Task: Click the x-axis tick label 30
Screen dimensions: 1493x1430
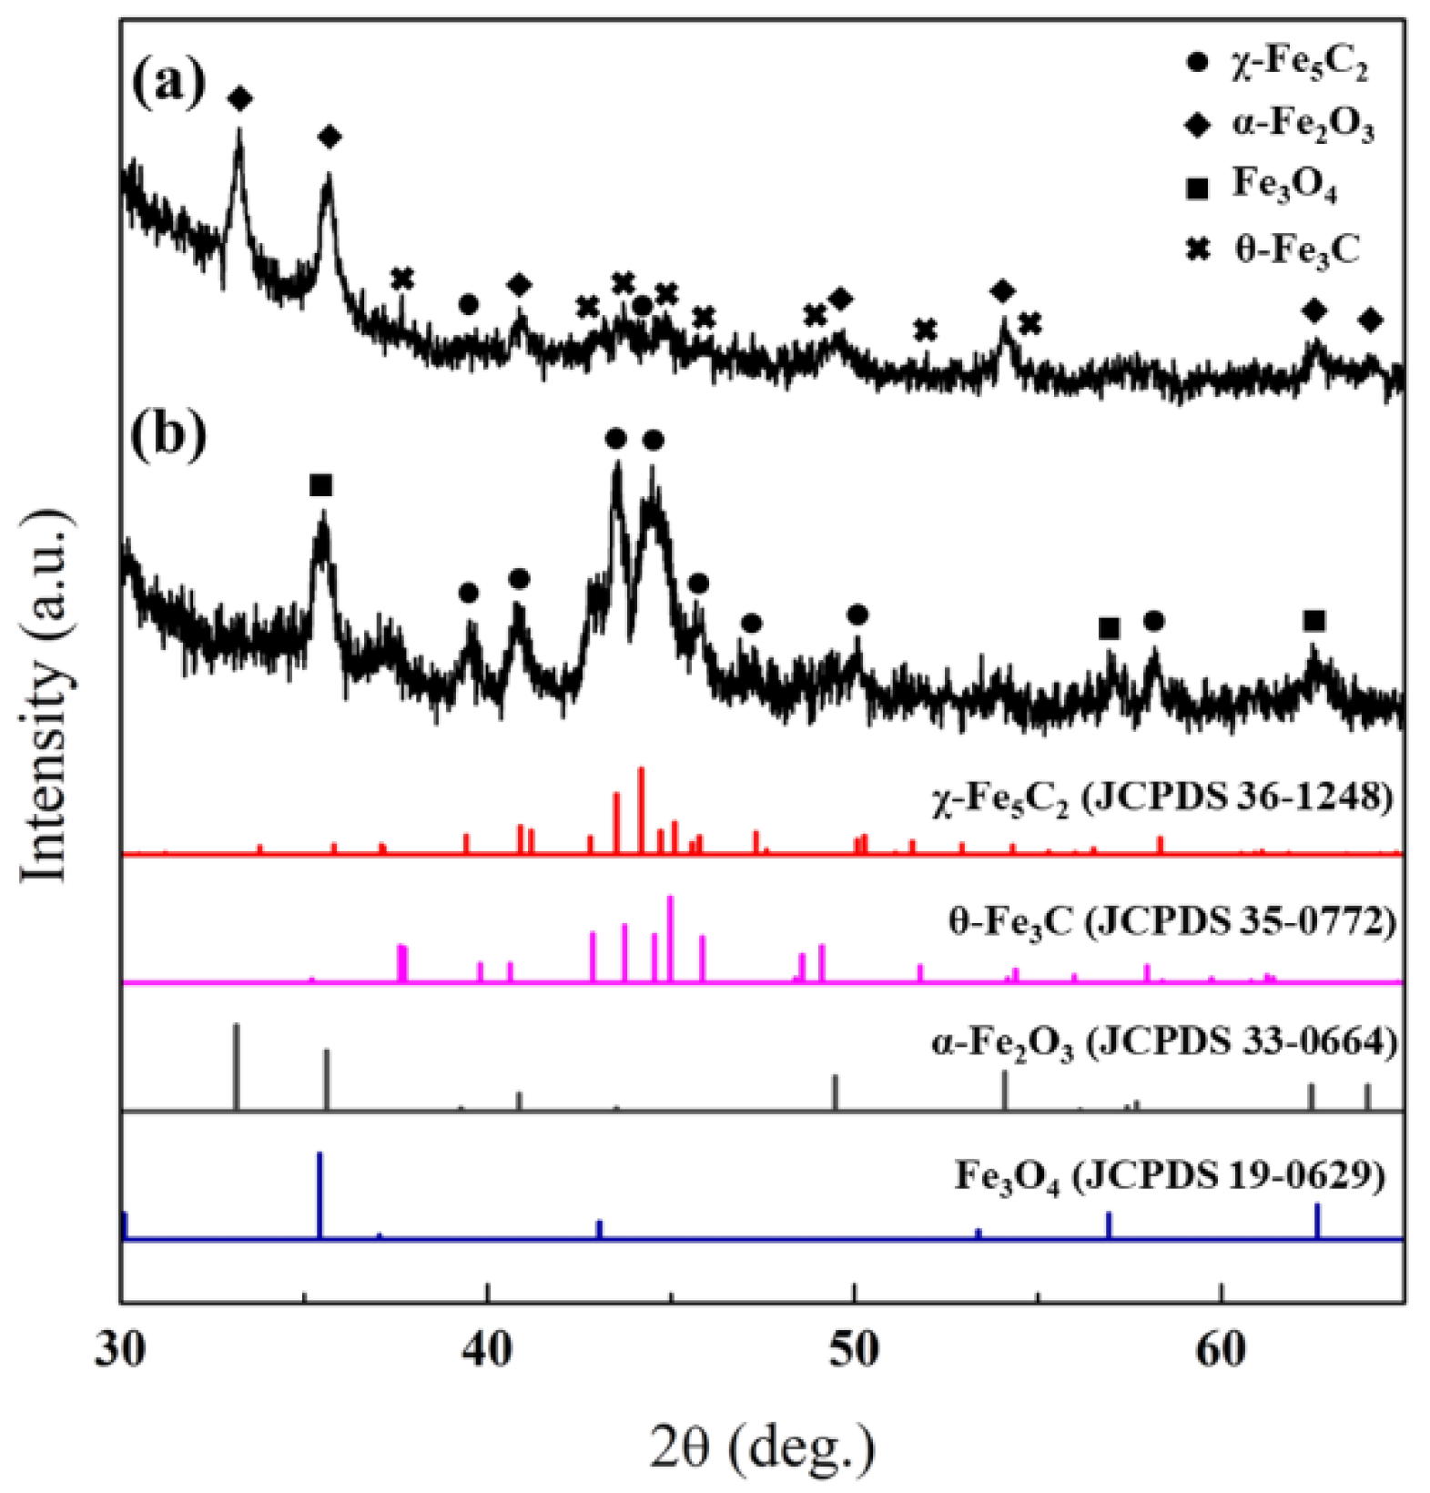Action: click(120, 1351)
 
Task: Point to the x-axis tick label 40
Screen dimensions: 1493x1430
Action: click(488, 1351)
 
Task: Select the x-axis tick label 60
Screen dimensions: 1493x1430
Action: click(1221, 1351)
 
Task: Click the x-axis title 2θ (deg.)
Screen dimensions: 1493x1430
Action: click(763, 1446)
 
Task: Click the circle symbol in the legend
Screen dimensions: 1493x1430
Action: click(1199, 64)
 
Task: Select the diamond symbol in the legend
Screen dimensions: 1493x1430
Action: click(1199, 126)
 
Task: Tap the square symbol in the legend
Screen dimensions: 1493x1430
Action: click(1199, 188)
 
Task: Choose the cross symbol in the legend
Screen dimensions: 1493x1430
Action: click(1199, 249)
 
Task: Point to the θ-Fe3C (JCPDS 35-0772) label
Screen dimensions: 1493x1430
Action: click(1171, 924)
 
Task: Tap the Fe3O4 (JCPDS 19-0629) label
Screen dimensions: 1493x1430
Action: click(1170, 1175)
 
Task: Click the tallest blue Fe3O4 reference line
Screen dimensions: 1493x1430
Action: click(319, 1194)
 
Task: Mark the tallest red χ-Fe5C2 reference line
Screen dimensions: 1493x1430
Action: click(642, 810)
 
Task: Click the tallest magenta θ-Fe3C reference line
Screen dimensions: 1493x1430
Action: click(671, 938)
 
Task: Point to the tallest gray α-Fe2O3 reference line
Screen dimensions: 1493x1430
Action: click(237, 1066)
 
